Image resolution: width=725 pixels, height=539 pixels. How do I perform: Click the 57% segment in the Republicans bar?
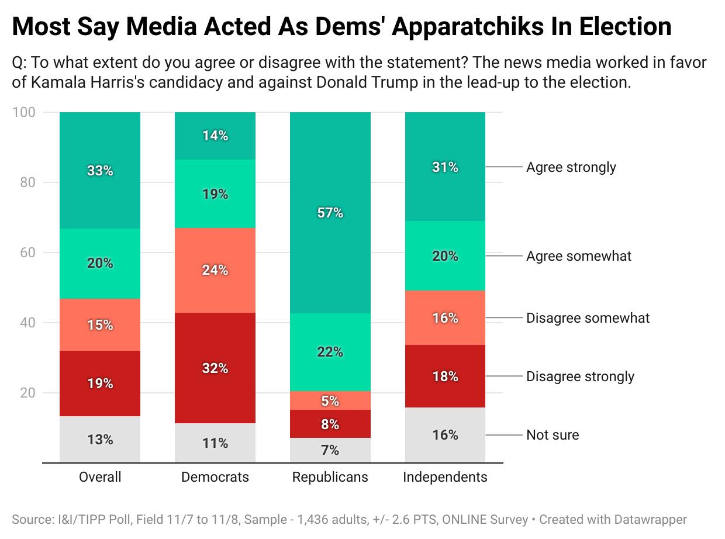point(330,213)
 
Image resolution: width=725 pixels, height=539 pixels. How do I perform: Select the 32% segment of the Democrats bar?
point(215,368)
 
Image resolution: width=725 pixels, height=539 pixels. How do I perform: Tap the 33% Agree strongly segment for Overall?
point(100,171)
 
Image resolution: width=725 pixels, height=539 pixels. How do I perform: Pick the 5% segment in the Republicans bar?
point(330,400)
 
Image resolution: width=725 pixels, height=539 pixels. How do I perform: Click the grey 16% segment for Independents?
point(445,435)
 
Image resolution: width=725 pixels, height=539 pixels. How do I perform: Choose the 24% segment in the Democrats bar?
point(215,270)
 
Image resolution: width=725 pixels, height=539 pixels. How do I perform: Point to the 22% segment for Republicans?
point(330,352)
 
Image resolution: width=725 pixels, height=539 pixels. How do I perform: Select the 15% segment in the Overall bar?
point(100,325)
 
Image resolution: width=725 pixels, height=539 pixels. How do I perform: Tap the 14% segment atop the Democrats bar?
point(215,136)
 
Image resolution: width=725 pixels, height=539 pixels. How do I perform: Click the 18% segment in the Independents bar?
point(445,376)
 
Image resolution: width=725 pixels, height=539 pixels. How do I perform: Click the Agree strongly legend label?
point(571,167)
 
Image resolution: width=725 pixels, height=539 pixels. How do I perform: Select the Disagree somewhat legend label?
point(588,318)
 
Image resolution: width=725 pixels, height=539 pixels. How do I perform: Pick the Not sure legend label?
point(553,435)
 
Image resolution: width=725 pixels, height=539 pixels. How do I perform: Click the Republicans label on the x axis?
point(330,477)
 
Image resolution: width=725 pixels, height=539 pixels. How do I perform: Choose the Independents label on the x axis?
point(445,477)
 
